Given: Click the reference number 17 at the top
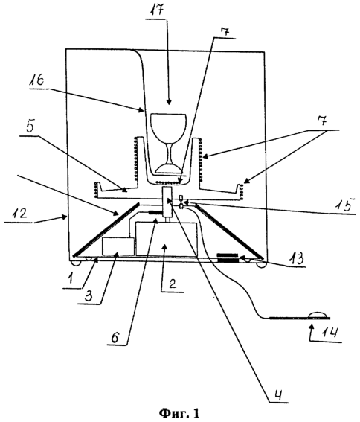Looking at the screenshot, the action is click(x=157, y=10).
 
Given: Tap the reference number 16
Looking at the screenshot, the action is click(x=38, y=80).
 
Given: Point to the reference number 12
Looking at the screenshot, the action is click(x=20, y=214).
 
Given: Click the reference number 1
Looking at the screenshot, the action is click(x=70, y=278).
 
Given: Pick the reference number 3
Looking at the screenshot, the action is click(x=88, y=295).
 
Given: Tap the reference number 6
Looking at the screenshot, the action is click(x=115, y=336).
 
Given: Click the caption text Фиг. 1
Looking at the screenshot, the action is click(x=180, y=413).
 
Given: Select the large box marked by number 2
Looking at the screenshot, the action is click(x=167, y=238).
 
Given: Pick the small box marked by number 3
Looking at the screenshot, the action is click(x=118, y=246).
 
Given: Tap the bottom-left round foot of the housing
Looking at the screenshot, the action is click(x=75, y=263).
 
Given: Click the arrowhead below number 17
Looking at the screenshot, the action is click(x=169, y=102).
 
